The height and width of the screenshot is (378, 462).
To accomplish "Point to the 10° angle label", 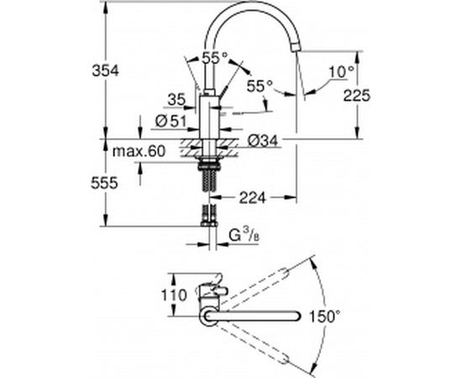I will pos(340,72).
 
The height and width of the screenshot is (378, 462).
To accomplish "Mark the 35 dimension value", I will pos(176,101).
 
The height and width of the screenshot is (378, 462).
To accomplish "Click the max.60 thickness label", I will pos(139,151).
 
